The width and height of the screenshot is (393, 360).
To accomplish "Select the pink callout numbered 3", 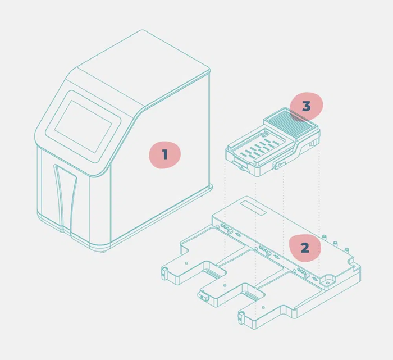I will tap(306, 106).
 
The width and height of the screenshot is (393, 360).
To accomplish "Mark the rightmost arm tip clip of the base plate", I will tap(242, 317).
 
